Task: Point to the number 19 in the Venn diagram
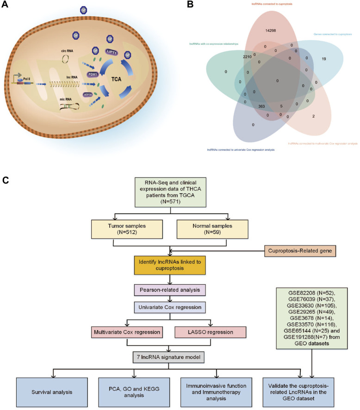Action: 324,59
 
